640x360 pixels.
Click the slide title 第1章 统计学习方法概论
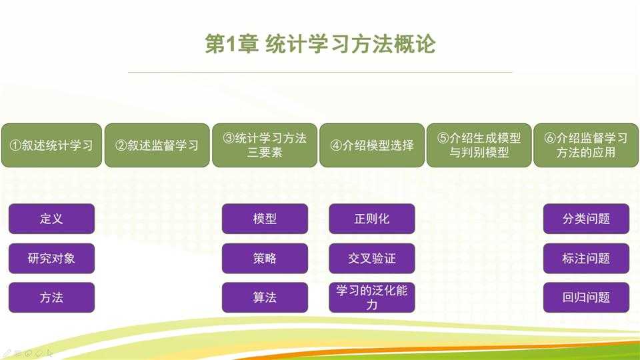pos(320,45)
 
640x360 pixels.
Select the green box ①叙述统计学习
pos(51,145)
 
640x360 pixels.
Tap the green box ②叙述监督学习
pos(157,145)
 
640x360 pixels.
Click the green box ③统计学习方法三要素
pos(265,145)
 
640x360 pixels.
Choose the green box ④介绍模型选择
pos(372,145)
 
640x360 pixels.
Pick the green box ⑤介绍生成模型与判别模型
pos(479,145)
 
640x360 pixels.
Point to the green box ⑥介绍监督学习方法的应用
pos(586,145)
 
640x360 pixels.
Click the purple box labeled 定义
pos(51,219)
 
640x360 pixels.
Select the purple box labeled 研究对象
pos(51,258)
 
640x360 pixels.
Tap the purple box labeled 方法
pos(51,297)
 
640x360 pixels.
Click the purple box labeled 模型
pos(265,219)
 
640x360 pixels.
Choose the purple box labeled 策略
pos(265,258)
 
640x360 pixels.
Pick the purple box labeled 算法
pos(265,297)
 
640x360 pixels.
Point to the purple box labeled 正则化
pos(372,219)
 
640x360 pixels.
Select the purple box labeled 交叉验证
pos(372,258)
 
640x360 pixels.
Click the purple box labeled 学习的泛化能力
pos(372,297)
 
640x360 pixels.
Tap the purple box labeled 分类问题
pos(586,219)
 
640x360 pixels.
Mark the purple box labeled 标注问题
pos(586,258)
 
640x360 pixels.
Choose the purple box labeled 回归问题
pos(586,297)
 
